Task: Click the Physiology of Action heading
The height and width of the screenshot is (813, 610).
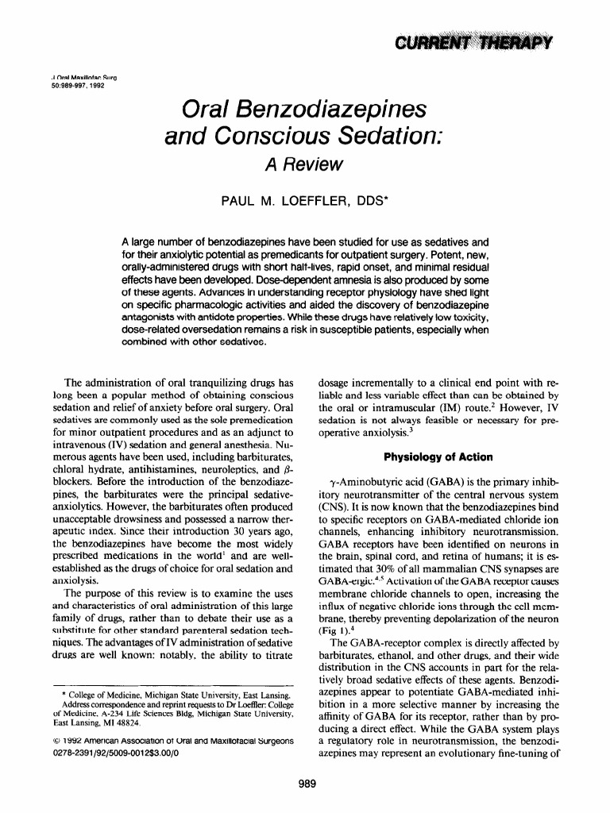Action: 438,457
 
